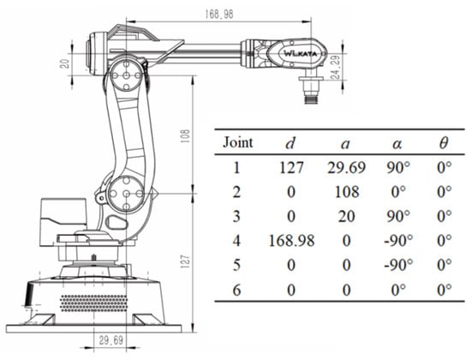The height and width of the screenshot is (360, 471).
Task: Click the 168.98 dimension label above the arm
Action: pos(219,14)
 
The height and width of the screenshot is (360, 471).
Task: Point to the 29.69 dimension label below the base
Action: pos(110,340)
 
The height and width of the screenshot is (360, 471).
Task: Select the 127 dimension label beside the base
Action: pos(186,261)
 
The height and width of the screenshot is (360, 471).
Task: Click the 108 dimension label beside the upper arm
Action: pos(186,136)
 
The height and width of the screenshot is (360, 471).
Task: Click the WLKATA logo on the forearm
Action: pos(300,54)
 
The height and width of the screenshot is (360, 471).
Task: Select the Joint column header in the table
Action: pos(238,142)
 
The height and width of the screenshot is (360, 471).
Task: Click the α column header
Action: pos(397,144)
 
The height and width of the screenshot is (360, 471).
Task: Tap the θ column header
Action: pos(444,143)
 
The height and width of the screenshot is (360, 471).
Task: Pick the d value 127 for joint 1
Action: pos(291,167)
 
